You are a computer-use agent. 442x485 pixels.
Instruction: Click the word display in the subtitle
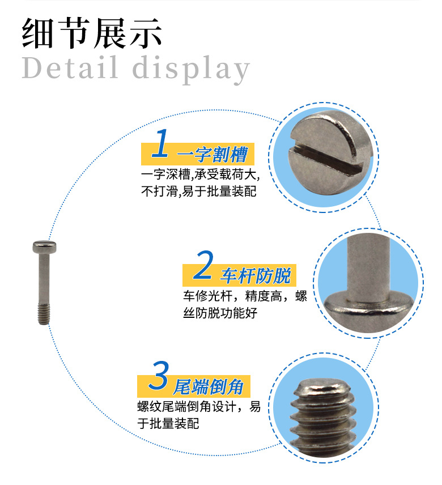coord(191,69)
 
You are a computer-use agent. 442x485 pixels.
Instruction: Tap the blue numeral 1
coord(161,144)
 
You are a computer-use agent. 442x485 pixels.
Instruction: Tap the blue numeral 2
coord(202,267)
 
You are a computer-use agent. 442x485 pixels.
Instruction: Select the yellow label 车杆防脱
coord(255,276)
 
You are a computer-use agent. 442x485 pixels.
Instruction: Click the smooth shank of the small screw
coord(42,280)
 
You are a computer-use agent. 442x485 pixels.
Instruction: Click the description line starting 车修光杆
coord(244,296)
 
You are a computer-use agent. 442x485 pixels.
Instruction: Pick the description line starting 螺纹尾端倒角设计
coord(199,406)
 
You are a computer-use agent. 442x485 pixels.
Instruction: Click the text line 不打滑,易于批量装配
coord(198,191)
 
